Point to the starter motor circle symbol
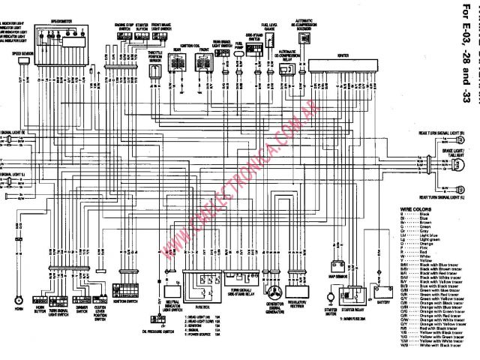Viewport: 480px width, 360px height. (x=328, y=288)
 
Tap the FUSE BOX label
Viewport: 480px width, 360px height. (x=200, y=307)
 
